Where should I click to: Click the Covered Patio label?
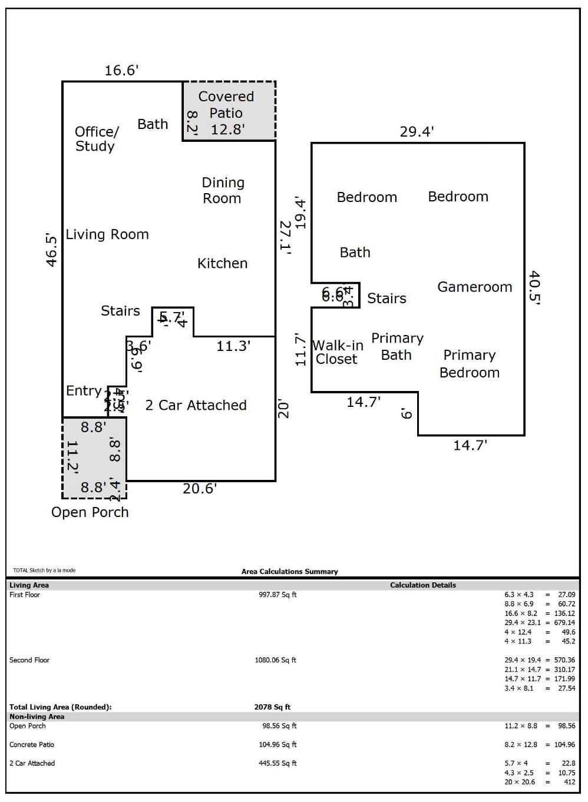coord(226,105)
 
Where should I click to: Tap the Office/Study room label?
coord(97,139)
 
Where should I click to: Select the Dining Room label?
coord(223,191)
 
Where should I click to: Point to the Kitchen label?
coord(222,263)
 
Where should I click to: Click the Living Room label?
coord(107,234)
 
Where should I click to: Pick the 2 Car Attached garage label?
coord(196,405)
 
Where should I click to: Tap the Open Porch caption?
coord(90,512)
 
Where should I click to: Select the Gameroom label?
coord(474,287)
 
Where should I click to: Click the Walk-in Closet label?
coord(337,352)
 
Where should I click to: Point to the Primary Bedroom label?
coord(470,364)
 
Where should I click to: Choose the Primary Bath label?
coord(397,346)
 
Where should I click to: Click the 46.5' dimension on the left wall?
coord(52,250)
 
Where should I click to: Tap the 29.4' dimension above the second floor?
coord(417,131)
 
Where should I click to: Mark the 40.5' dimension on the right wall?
coord(534,287)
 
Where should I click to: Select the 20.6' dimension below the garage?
coord(200,488)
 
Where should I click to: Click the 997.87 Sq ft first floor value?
coord(278,595)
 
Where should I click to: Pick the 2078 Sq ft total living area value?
coord(272,707)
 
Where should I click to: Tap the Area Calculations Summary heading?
coord(289,571)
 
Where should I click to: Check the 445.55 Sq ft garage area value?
coord(278,763)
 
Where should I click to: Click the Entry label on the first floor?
coord(84,390)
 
